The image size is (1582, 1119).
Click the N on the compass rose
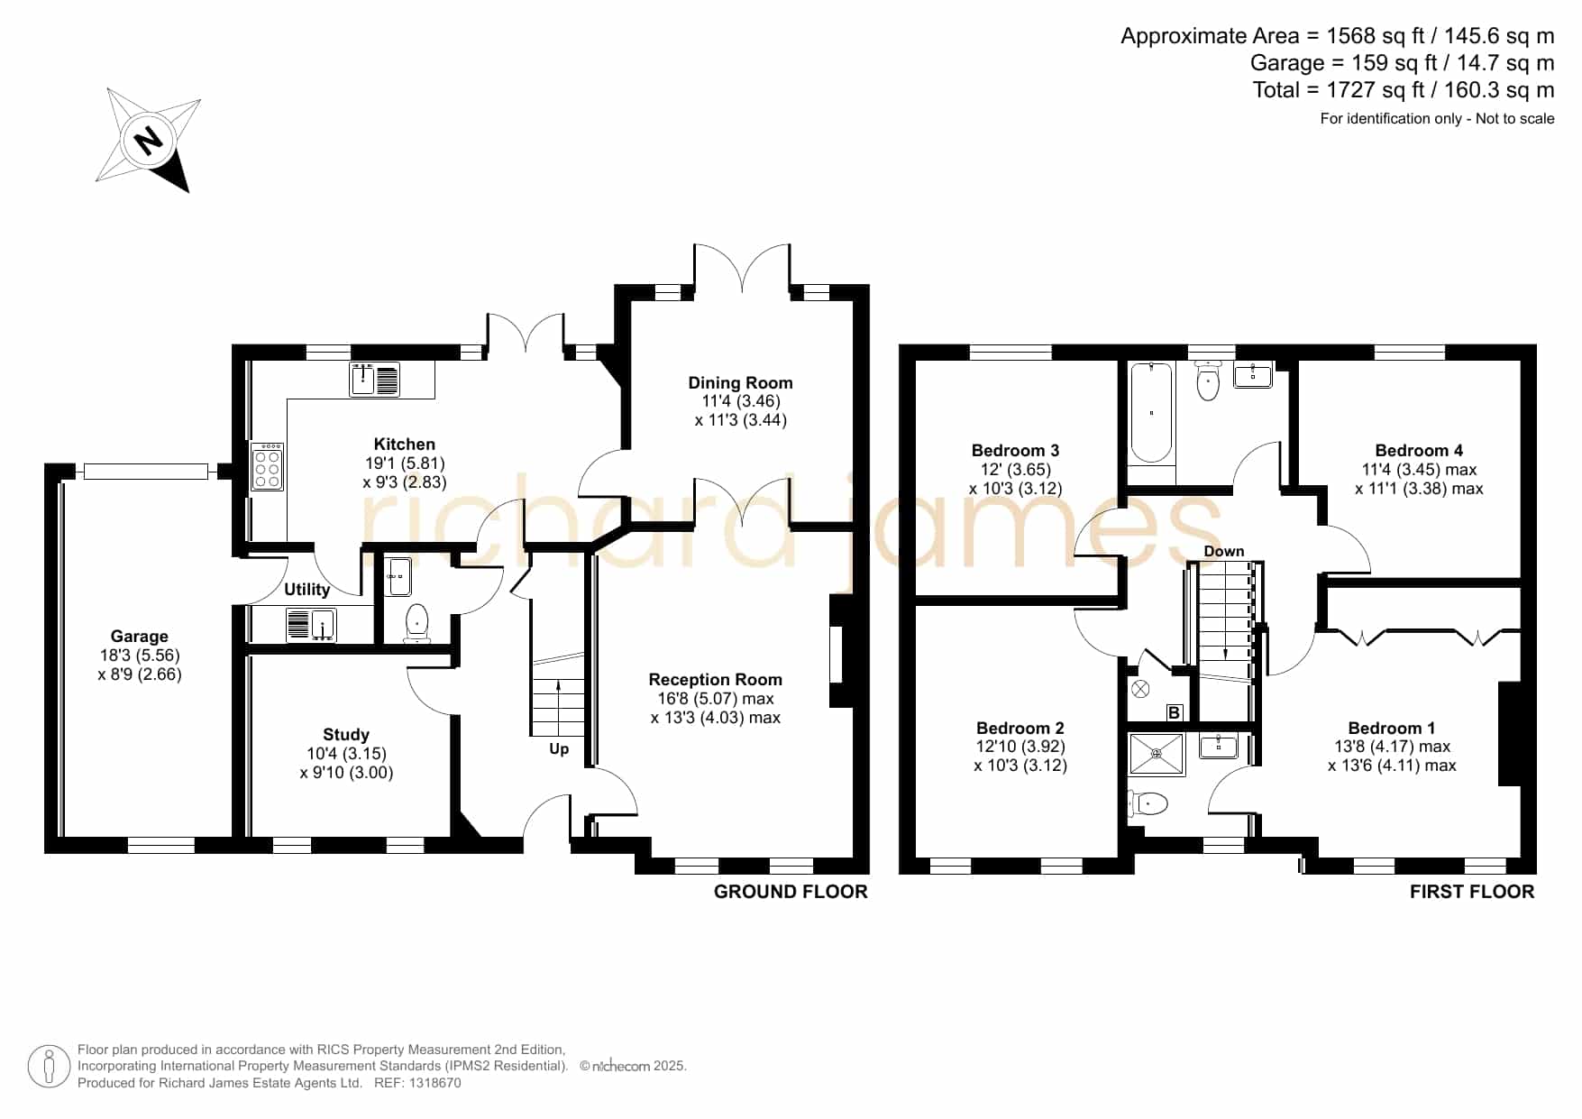pyautogui.click(x=148, y=140)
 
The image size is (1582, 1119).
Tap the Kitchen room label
pyautogui.click(x=405, y=444)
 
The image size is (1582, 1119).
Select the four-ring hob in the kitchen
pyautogui.click(x=268, y=465)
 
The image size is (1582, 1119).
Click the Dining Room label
pyautogui.click(x=741, y=382)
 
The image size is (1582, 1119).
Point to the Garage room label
pyautogui.click(x=140, y=636)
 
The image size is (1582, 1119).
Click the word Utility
pyautogui.click(x=307, y=589)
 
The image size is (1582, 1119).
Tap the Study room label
pyautogui.click(x=346, y=734)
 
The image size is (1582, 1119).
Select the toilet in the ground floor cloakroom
pyautogui.click(x=416, y=622)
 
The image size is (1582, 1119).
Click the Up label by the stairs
pyautogui.click(x=559, y=749)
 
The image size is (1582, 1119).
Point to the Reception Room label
pyautogui.click(x=716, y=679)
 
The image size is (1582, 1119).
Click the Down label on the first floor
pyautogui.click(x=1224, y=551)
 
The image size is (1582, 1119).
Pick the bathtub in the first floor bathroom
pyautogui.click(x=1151, y=412)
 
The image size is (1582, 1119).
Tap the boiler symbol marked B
pyautogui.click(x=1175, y=713)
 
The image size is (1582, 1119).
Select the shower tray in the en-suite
pyautogui.click(x=1157, y=754)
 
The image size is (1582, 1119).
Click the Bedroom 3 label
pyautogui.click(x=1016, y=450)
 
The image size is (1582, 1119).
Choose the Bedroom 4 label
pyautogui.click(x=1420, y=450)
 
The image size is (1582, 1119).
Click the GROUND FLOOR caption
pyautogui.click(x=791, y=891)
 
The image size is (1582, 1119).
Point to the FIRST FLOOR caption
pyautogui.click(x=1472, y=891)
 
